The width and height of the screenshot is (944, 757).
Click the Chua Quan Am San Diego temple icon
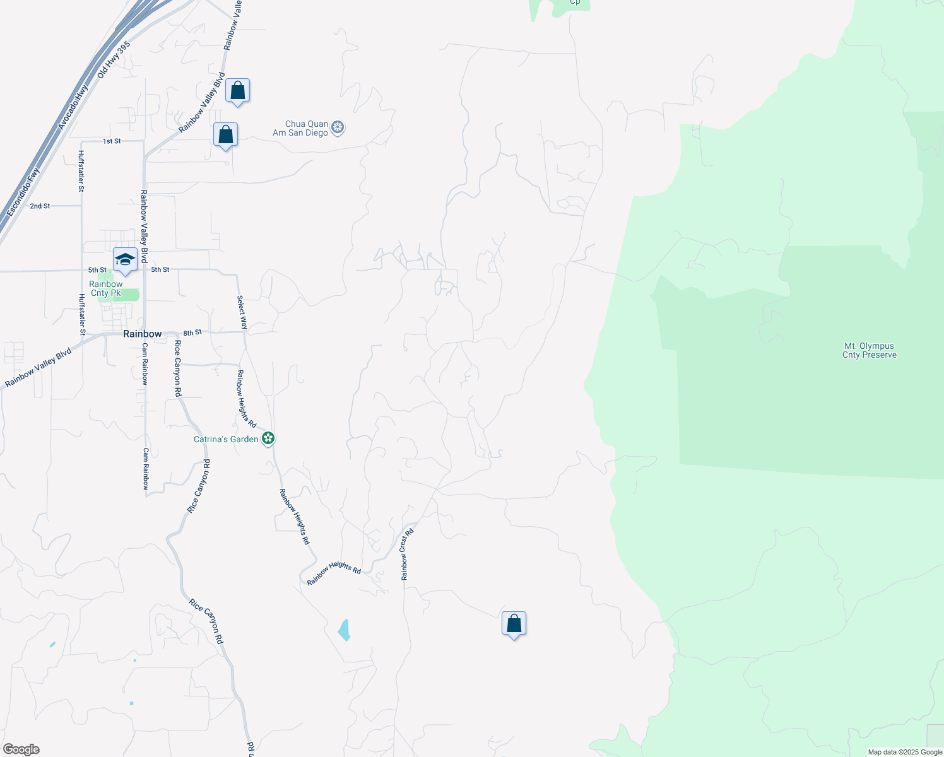(338, 128)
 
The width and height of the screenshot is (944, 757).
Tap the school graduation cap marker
(125, 260)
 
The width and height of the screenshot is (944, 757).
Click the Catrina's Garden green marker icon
(268, 438)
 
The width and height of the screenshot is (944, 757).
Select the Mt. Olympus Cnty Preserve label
(869, 350)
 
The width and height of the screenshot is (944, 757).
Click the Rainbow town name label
(142, 334)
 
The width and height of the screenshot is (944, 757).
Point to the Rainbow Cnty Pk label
(106, 288)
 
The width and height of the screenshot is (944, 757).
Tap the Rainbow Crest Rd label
(407, 555)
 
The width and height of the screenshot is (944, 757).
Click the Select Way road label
(242, 312)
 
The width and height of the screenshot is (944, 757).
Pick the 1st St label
(112, 141)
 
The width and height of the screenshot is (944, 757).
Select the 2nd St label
(40, 206)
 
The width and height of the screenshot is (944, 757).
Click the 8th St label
(192, 332)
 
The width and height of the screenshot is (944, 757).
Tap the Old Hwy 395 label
(114, 60)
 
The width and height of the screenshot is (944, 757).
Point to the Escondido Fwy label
(23, 192)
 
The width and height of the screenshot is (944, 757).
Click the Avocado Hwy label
(73, 107)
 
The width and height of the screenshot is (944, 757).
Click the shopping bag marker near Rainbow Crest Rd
(514, 623)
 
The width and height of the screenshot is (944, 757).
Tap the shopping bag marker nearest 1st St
(225, 135)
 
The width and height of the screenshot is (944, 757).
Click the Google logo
(21, 749)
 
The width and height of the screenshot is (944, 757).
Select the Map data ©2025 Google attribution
(905, 752)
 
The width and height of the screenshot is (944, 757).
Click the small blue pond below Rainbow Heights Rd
(344, 630)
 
